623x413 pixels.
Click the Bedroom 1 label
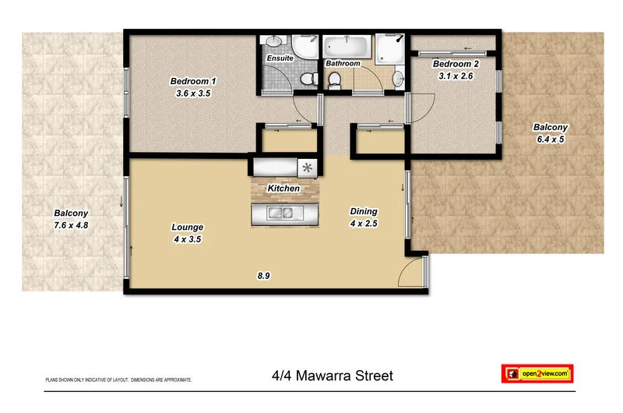pyautogui.click(x=193, y=81)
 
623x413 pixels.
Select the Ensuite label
pyautogui.click(x=280, y=58)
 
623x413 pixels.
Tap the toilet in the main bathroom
pyautogui.click(x=335, y=79)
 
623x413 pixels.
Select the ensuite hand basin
pyautogui.click(x=273, y=43)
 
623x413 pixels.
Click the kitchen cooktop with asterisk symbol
pyautogui.click(x=307, y=167)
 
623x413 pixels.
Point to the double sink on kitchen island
pyautogui.click(x=280, y=214)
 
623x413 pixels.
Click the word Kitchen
pyautogui.click(x=283, y=189)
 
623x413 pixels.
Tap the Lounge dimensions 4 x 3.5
pyautogui.click(x=187, y=240)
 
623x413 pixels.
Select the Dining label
pyautogui.click(x=364, y=211)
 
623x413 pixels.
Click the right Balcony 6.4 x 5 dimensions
pyautogui.click(x=550, y=139)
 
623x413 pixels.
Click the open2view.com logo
pyautogui.click(x=537, y=375)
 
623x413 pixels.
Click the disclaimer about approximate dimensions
pyautogui.click(x=118, y=379)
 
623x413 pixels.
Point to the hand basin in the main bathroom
pyautogui.click(x=398, y=78)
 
